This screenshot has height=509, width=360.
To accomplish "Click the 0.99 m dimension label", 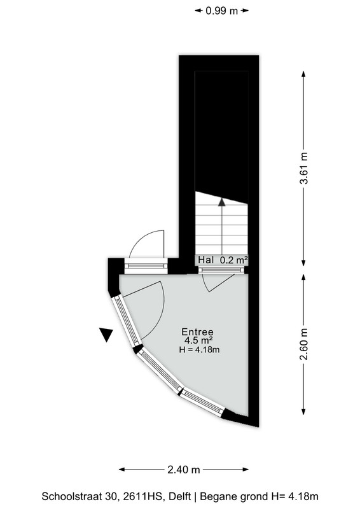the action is pos(222,11).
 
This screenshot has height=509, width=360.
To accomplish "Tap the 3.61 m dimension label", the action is pos(303,168).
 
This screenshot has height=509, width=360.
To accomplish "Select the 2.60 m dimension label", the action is pos(303,344).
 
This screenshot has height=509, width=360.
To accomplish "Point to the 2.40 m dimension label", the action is pos(183,470).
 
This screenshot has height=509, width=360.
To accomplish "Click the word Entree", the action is pos(197,331).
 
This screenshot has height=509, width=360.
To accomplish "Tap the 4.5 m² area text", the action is pos(198,340).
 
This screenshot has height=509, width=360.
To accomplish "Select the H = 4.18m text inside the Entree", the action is pos(199,349).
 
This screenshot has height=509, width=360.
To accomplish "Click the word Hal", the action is pos(206,260).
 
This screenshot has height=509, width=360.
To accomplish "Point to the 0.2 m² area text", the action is pos(233,260).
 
